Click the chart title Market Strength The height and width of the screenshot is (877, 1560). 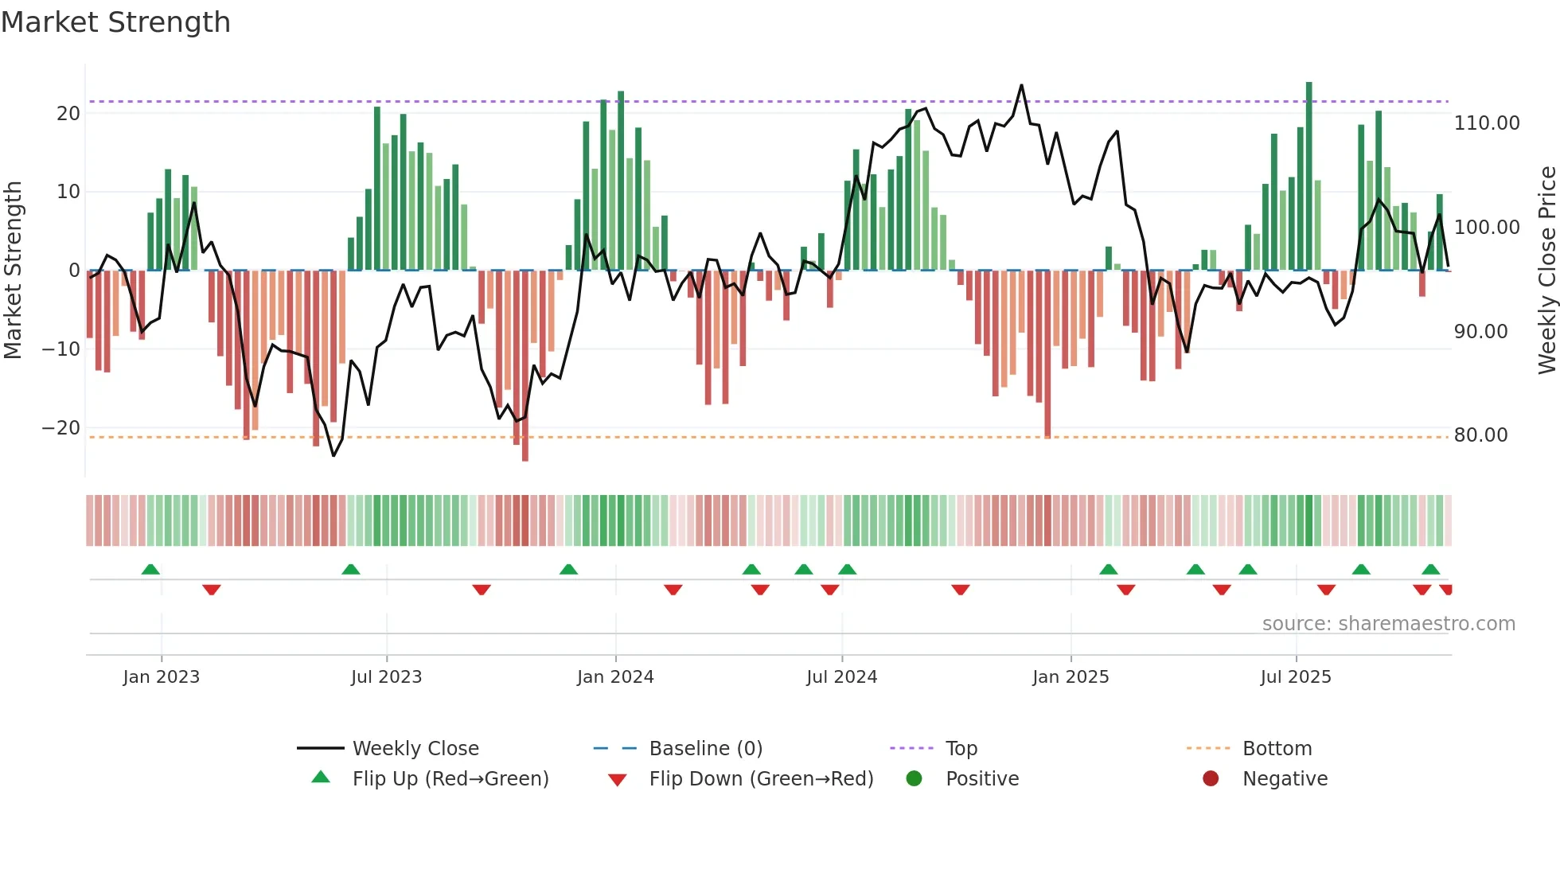(115, 22)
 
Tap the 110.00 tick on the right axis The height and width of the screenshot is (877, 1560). (1486, 123)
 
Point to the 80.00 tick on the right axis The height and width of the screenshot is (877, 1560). (1480, 435)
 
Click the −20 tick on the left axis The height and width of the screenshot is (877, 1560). (61, 428)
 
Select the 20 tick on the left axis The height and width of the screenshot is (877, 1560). (68, 114)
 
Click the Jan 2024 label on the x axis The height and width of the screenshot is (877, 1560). (615, 677)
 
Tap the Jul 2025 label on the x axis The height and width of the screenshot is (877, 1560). (1295, 677)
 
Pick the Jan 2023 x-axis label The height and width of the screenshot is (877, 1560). (162, 677)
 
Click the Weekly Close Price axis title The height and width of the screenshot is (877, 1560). (1546, 271)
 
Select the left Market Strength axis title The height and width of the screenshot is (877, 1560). (14, 271)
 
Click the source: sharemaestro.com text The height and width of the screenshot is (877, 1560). (1388, 624)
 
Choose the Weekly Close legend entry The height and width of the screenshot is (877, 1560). (415, 749)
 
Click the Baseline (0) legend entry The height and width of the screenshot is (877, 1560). (705, 749)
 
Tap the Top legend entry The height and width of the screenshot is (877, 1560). (961, 749)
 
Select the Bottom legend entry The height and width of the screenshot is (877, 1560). (1277, 749)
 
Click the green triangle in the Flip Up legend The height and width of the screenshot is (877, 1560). (321, 778)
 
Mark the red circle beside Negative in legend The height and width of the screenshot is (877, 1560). (1211, 779)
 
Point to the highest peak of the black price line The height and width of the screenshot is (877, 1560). (1021, 85)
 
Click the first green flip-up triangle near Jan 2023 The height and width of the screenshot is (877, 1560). (150, 569)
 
